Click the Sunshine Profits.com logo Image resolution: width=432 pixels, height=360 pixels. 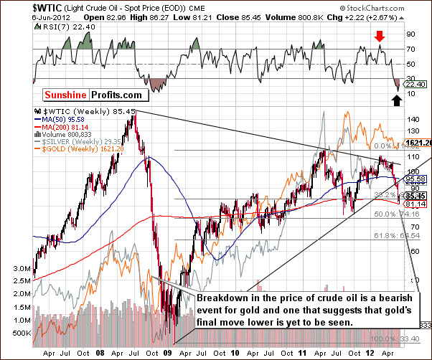coord(80,94)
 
